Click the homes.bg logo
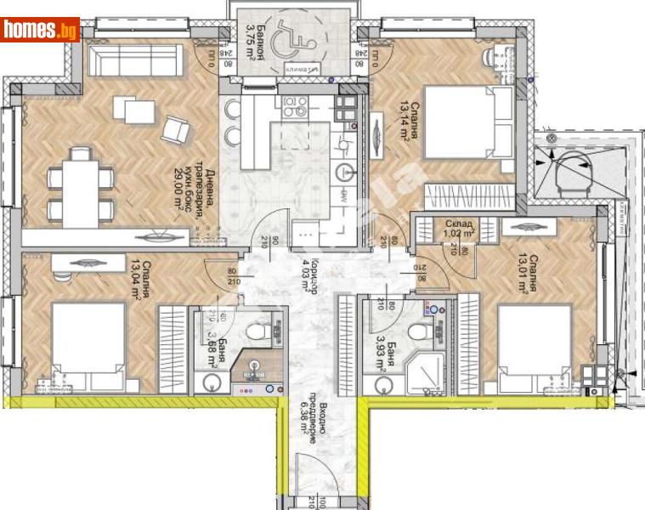pos(40,30)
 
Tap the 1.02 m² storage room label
pos(460,228)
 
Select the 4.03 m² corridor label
pos(309,275)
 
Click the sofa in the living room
pos(136,60)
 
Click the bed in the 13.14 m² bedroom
pos(465,122)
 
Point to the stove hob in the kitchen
pos(295,106)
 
